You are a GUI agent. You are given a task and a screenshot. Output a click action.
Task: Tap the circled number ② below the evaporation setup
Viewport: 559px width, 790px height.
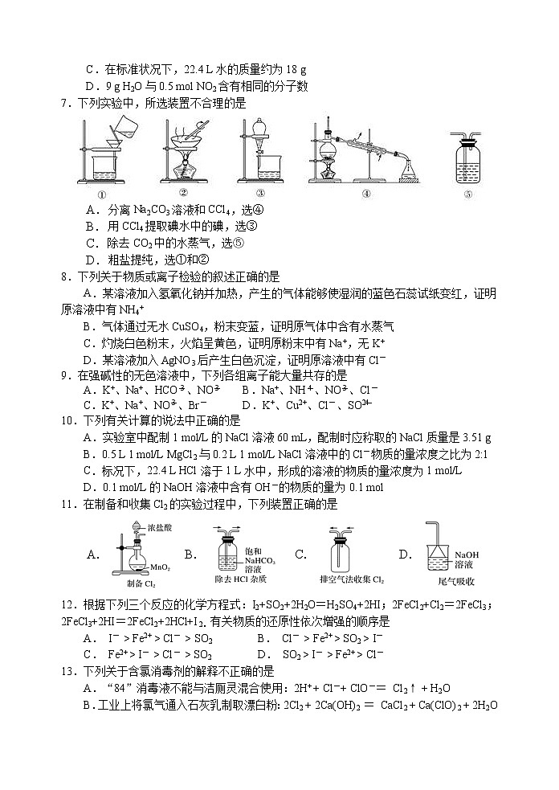click(x=183, y=192)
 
